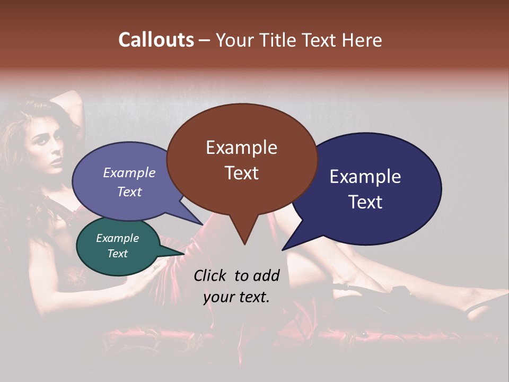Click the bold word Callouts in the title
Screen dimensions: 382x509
click(156, 40)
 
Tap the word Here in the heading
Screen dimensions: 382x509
click(362, 40)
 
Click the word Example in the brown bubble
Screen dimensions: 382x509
click(241, 147)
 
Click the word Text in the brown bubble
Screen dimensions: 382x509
click(241, 173)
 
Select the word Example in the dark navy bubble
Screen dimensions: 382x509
click(365, 177)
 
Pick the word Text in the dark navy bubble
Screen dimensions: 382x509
click(365, 202)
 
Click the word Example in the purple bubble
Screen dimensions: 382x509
click(129, 173)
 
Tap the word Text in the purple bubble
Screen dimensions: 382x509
click(129, 192)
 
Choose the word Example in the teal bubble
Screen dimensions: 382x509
click(118, 238)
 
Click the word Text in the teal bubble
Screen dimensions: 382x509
click(118, 254)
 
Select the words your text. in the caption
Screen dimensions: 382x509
click(236, 298)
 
